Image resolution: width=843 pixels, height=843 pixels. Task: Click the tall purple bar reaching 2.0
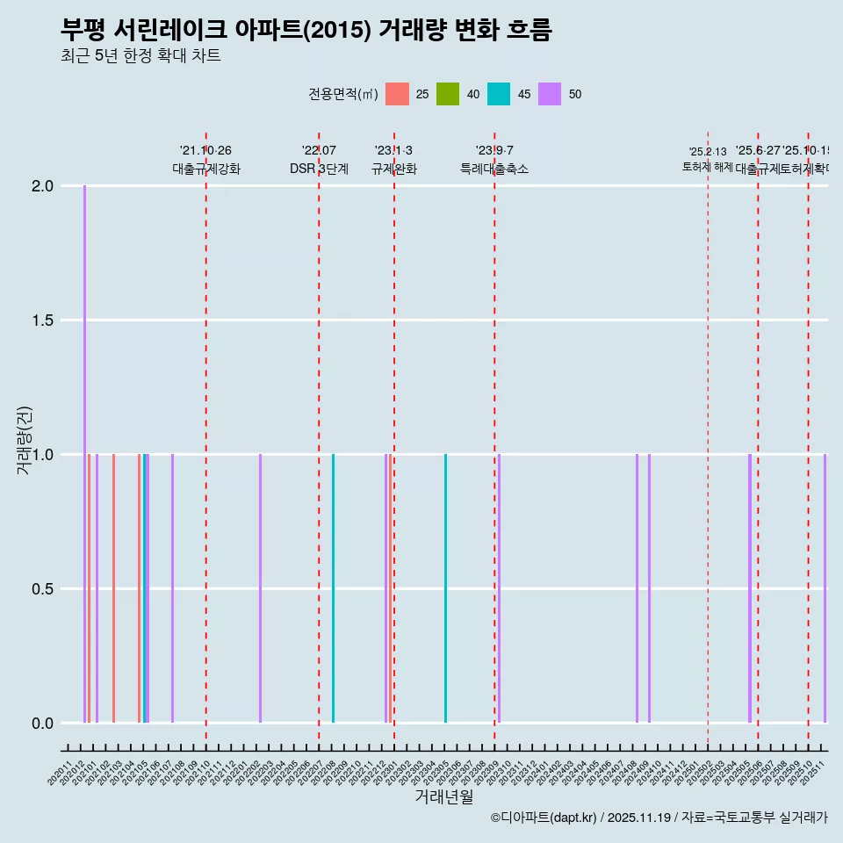click(x=84, y=454)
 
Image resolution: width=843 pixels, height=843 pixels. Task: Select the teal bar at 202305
click(x=445, y=588)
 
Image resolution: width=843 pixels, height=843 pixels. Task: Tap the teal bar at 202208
click(x=333, y=588)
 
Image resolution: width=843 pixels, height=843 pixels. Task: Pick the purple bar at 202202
click(x=260, y=588)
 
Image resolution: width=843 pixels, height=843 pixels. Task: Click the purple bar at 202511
click(x=825, y=588)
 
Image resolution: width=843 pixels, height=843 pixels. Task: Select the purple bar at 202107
click(x=172, y=588)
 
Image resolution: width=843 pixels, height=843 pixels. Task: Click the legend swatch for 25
click(x=398, y=94)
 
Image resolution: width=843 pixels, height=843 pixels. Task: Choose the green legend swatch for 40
click(x=448, y=94)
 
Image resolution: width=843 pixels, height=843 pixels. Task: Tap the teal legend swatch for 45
click(x=499, y=94)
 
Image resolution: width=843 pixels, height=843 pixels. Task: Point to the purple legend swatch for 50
click(x=550, y=94)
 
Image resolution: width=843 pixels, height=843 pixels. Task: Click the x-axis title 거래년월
click(x=443, y=796)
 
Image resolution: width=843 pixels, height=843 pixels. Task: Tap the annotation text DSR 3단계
click(x=319, y=169)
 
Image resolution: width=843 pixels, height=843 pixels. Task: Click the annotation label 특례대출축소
click(x=494, y=169)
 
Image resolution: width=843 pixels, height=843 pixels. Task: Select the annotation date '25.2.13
click(x=708, y=152)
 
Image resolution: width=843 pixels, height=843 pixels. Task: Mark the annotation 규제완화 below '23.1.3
click(x=393, y=169)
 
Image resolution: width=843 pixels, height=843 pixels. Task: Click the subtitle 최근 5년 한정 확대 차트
click(x=140, y=56)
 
